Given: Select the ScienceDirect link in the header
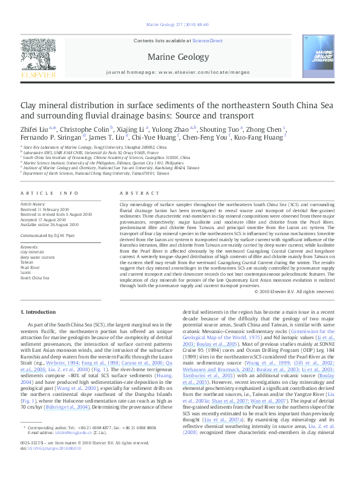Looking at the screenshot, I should point(208,41).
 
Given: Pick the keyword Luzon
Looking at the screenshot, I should point(27,272).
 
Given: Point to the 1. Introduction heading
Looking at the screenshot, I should point(38,312).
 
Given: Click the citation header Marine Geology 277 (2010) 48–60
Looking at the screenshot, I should point(180,24).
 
